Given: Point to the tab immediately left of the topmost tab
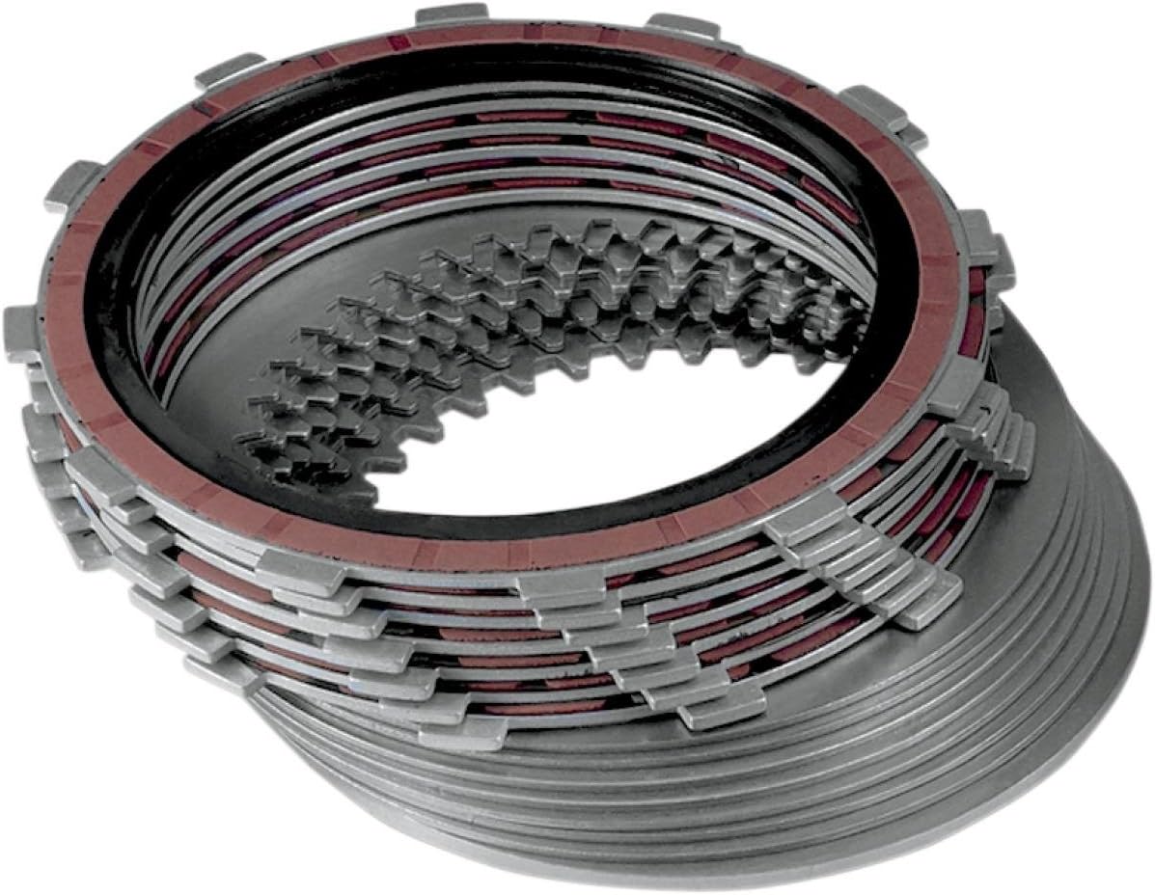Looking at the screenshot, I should coord(229,69).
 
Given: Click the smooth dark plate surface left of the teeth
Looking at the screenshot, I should coord(222,386).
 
